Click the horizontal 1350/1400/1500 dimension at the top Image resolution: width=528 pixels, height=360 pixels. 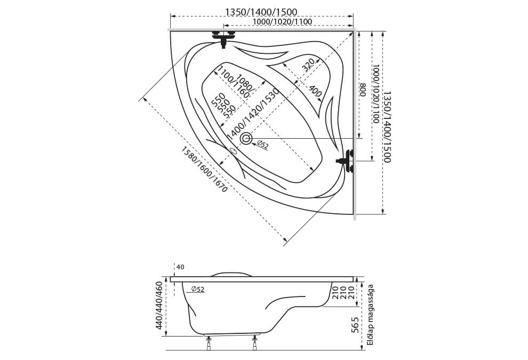coord(261,12)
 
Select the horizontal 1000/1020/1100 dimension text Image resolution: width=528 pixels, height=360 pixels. coord(282,22)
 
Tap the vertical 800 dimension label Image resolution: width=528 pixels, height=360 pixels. coord(363,90)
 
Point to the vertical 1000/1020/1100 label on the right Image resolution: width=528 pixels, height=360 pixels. coord(375,94)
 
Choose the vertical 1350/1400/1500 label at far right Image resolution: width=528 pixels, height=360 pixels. coord(387,126)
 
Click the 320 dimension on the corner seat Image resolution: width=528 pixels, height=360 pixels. coord(308,65)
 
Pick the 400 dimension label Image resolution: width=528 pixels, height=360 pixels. coord(315,91)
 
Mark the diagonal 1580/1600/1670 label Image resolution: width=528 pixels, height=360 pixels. coord(204,170)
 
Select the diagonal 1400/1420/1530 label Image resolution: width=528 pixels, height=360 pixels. coord(253,114)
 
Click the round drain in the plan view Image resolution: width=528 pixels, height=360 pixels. coord(246,138)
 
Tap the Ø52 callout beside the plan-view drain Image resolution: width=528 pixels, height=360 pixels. coord(262,145)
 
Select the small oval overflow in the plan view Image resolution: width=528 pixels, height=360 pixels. coord(234,151)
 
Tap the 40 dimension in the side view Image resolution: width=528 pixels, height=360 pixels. coord(180,267)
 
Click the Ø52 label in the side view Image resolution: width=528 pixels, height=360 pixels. coord(198,289)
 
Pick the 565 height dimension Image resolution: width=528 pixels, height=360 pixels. coord(355,325)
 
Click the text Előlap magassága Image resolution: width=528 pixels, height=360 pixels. coord(371,315)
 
